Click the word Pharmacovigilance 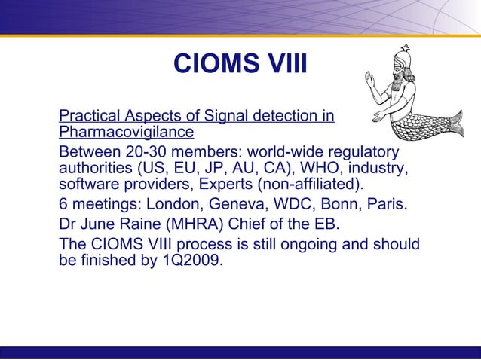pyautogui.click(x=126, y=133)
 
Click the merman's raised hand pyautogui.click(x=369, y=78)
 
